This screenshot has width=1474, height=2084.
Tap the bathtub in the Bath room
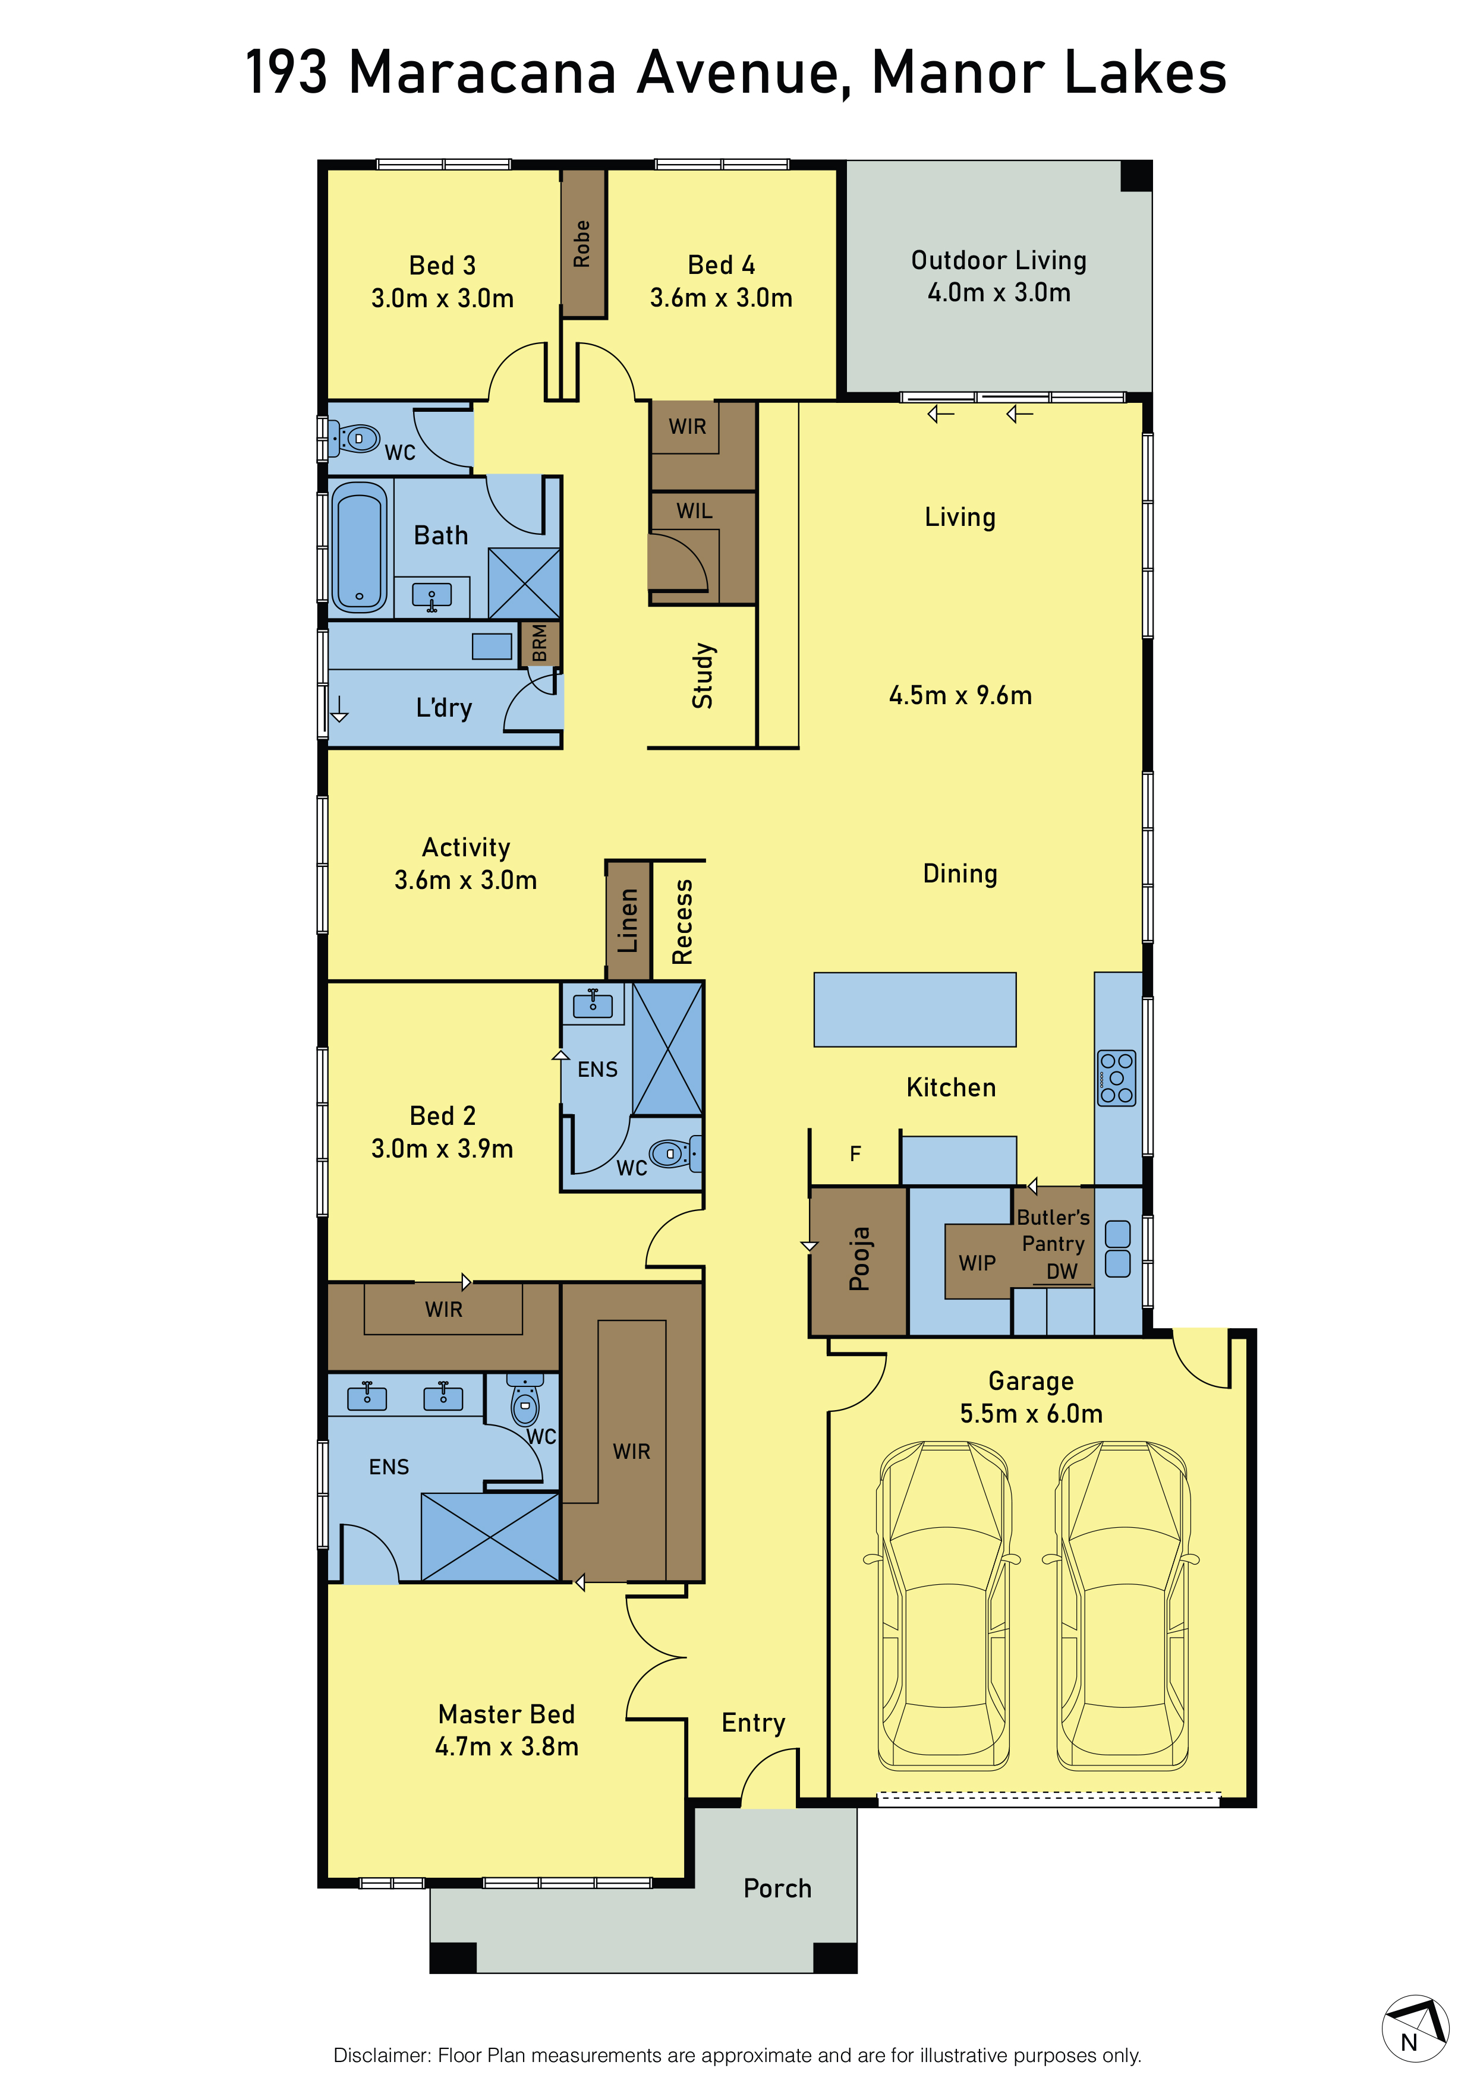tap(360, 547)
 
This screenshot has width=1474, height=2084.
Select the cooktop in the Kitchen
tap(1116, 1077)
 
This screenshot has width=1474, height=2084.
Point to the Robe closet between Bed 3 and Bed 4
tap(582, 243)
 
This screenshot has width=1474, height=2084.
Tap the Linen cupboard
tap(628, 920)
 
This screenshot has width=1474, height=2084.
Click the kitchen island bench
tap(915, 1010)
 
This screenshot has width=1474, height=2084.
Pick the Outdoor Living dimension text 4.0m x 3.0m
tap(999, 292)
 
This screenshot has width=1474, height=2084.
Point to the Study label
tap(703, 675)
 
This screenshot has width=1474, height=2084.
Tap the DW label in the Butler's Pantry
tap(1062, 1272)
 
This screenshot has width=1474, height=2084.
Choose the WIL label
tap(694, 511)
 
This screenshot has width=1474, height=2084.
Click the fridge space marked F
tap(855, 1153)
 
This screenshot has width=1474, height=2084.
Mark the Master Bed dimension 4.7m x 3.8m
tap(506, 1746)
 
